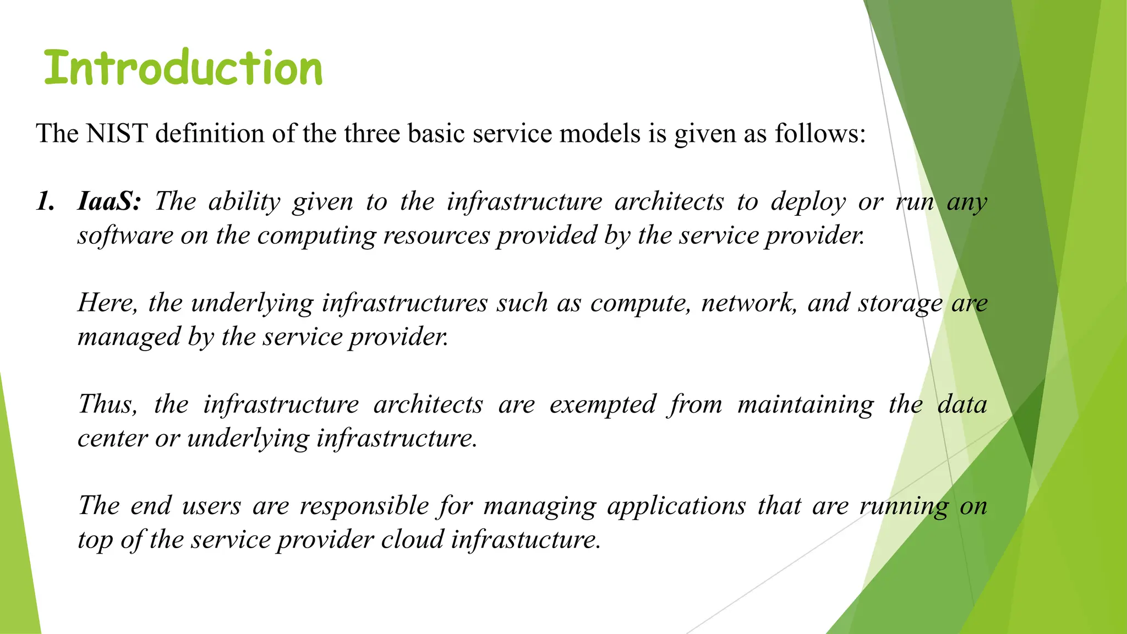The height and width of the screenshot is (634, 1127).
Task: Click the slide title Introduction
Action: coord(183,68)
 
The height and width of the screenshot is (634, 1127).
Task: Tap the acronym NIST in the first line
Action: coord(117,134)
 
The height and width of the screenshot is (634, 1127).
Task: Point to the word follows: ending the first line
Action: coord(820,134)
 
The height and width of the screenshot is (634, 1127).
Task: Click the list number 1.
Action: coord(46,201)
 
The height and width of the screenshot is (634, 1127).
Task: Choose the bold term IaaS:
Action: coord(109,201)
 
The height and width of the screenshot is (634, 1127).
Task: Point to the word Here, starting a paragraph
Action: coord(107,303)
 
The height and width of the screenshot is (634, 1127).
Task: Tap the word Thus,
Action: coord(107,405)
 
